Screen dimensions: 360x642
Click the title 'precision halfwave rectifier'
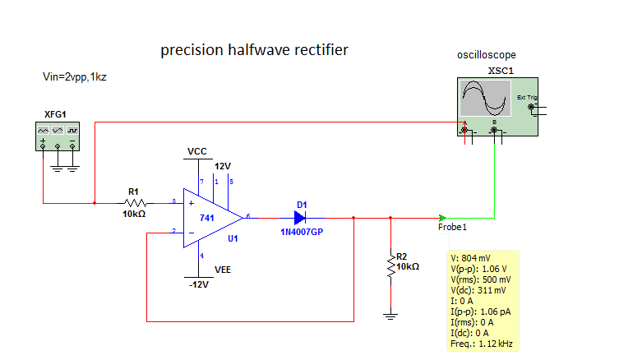coord(254,50)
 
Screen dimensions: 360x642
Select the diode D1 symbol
coord(299,218)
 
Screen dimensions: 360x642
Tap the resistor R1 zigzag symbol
coord(135,202)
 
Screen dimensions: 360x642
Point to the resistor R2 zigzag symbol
coord(390,266)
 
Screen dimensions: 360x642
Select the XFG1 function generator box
coord(57,135)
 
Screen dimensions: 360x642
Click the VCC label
coord(197,152)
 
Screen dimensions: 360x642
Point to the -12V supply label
coord(198,284)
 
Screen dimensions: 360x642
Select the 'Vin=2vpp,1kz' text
coord(76,76)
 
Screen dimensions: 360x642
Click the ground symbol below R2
coord(390,316)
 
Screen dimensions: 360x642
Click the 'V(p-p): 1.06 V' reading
coord(479,269)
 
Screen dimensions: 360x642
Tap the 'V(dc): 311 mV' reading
coord(479,290)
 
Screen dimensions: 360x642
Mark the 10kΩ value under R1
coord(134,214)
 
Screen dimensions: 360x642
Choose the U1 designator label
coord(233,238)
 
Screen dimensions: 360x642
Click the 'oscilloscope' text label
coord(487,55)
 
